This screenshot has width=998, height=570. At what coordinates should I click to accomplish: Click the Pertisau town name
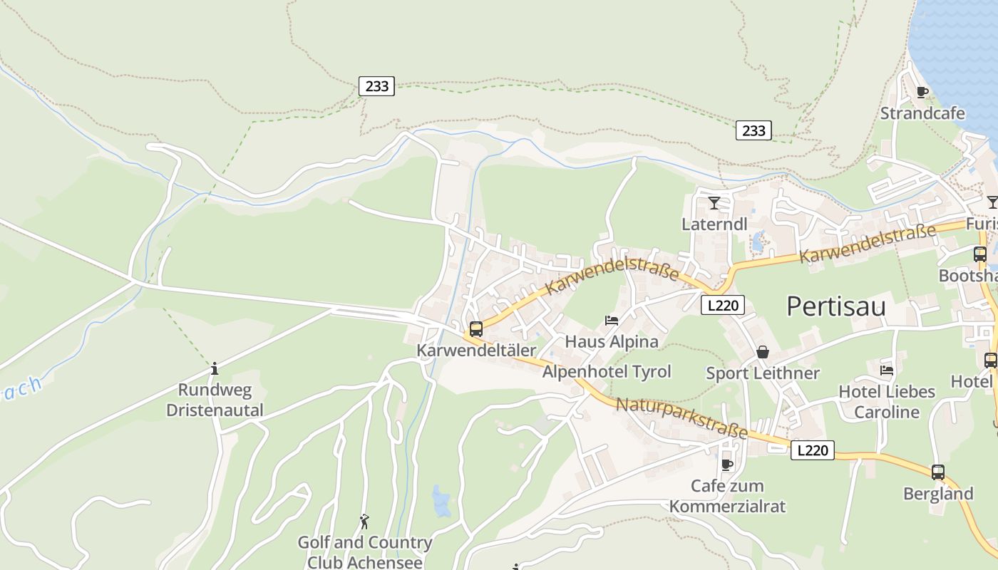[x=835, y=306]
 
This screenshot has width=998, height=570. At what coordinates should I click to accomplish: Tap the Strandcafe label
[x=922, y=113]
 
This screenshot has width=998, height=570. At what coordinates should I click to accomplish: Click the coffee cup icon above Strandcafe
[x=922, y=92]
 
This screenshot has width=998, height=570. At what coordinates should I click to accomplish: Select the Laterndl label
[x=714, y=224]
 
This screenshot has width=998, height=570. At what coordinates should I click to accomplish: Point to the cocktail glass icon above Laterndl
[x=714, y=203]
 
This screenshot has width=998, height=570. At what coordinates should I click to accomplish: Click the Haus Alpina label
[x=612, y=341]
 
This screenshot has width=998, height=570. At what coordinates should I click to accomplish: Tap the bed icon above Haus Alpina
[x=612, y=321]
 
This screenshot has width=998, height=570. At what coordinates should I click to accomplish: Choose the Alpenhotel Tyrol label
[x=607, y=371]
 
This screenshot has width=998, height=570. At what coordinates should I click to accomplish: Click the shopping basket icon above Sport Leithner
[x=763, y=352]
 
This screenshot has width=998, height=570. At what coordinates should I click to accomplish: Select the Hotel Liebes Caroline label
[x=887, y=402]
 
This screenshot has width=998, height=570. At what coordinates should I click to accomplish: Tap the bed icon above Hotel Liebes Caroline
[x=887, y=370]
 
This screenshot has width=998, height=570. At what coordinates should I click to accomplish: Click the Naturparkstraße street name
[x=681, y=418]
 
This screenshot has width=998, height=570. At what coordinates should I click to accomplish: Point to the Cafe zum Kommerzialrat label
[x=727, y=496]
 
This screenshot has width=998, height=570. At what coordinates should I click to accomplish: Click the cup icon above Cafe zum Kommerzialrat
[x=727, y=465]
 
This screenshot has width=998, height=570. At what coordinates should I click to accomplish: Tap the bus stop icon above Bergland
[x=938, y=472]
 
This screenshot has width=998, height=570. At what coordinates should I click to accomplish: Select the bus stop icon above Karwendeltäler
[x=476, y=329]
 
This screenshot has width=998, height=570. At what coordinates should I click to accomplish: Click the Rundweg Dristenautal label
[x=215, y=400]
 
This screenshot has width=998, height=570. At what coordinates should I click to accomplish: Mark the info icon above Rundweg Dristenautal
[x=215, y=368]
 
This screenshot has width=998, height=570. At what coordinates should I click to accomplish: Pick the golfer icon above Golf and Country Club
[x=365, y=522]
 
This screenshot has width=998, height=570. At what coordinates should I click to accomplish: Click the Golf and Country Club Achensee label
[x=365, y=552]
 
